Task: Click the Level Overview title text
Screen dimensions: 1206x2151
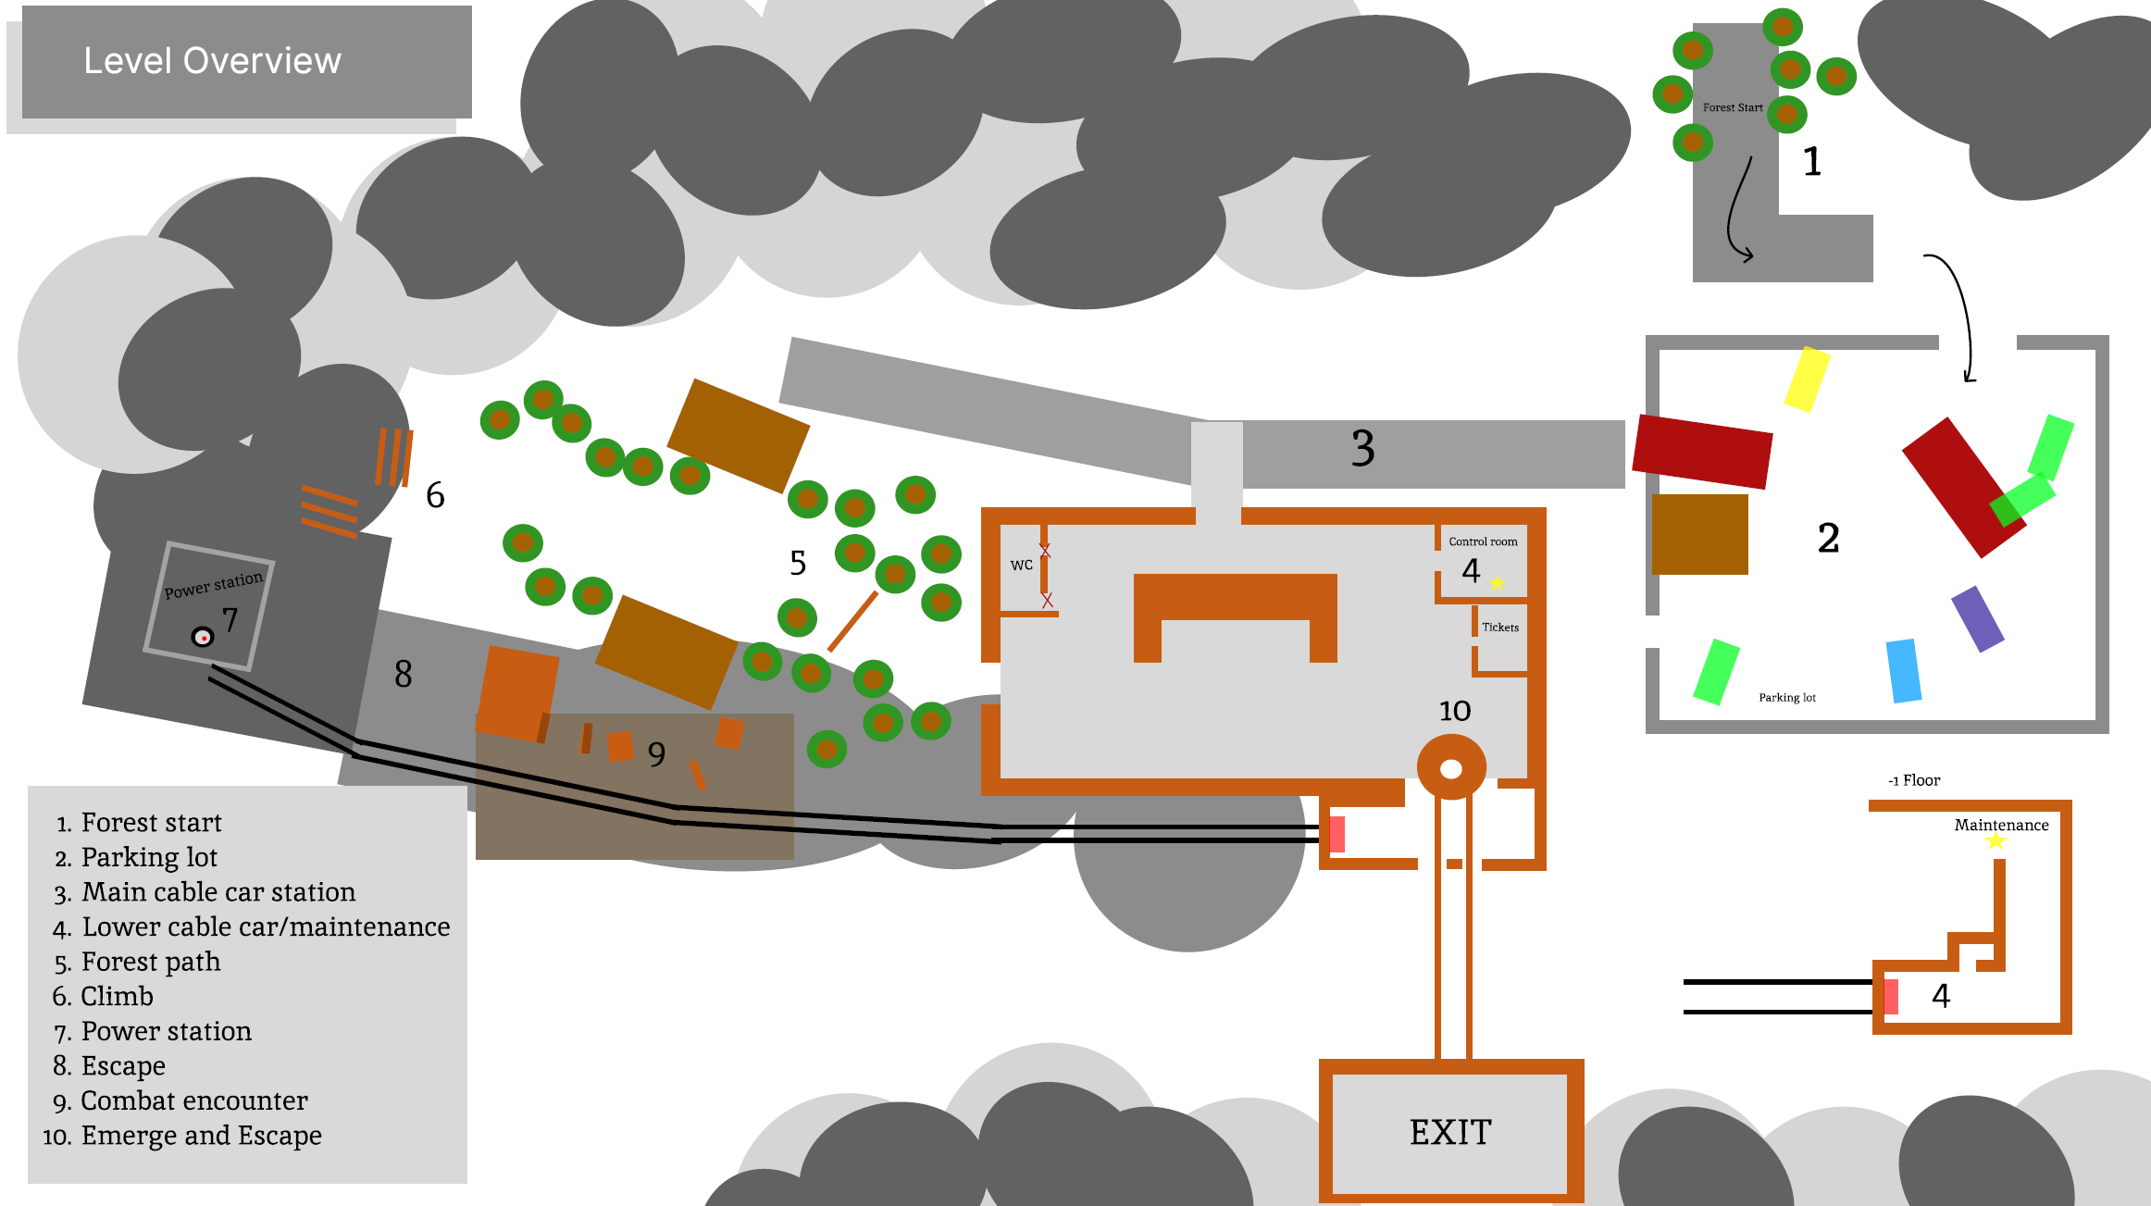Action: tap(212, 61)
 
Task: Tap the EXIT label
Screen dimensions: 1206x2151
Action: tap(1450, 1132)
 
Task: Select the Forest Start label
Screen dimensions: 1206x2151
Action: tap(1733, 107)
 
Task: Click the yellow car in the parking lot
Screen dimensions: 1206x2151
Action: tap(1807, 379)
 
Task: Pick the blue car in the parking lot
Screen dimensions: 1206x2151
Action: tap(1904, 671)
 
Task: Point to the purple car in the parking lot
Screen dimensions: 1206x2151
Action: tap(1978, 619)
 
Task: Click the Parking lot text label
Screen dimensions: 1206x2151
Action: tap(1787, 698)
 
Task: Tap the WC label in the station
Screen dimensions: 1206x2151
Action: tap(1021, 565)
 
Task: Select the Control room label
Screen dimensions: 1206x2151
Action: tap(1483, 541)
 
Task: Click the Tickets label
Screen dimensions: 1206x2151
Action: tap(1500, 628)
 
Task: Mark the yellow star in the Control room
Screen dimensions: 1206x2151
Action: tap(1498, 583)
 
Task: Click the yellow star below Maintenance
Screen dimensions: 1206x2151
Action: tap(1996, 841)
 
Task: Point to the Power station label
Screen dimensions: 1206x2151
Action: tap(214, 585)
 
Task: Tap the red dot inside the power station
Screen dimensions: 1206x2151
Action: tap(204, 638)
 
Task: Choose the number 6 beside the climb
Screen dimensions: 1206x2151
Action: tap(435, 496)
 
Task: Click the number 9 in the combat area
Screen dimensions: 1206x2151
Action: tap(656, 754)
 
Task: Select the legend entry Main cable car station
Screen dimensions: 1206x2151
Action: tap(218, 892)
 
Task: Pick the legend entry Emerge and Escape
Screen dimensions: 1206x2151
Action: tap(201, 1136)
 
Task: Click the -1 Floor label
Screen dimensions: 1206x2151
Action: tap(1914, 780)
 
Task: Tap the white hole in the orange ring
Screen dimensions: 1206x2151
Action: tap(1451, 769)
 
